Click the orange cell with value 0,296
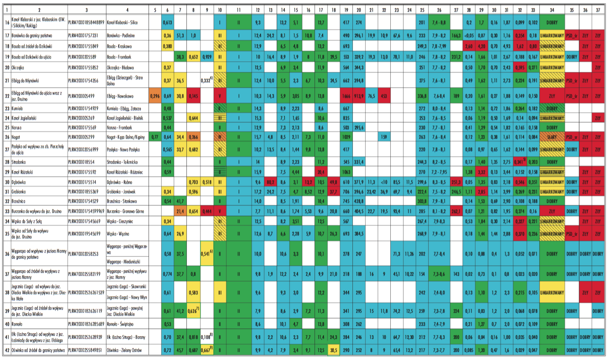155,96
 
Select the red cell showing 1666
346,96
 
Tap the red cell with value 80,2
270,182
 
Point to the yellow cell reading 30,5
333,350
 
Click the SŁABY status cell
552,137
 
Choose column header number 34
552,10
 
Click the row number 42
7,350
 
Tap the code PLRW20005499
81,96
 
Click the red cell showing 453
384,96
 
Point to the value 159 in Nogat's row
384,137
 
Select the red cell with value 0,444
207,211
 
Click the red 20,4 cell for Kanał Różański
320,172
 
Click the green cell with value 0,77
155,137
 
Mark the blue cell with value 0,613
168,23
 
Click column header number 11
238,10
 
